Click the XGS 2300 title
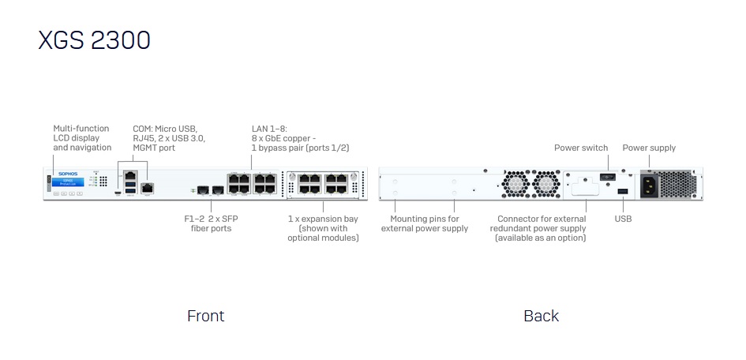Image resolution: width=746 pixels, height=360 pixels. click(94, 39)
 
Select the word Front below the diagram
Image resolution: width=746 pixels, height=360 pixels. click(205, 316)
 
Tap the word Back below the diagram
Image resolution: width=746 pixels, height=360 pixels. click(541, 316)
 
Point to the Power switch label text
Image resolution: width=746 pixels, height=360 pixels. click(581, 148)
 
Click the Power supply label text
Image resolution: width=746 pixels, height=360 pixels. click(649, 148)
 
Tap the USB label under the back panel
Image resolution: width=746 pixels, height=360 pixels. click(623, 219)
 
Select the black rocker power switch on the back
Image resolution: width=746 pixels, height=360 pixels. click(607, 176)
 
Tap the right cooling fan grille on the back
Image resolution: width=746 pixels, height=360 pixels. click(545, 183)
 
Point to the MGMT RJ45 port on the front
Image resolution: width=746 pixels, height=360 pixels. click(146, 188)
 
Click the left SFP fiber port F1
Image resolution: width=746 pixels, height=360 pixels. click(203, 190)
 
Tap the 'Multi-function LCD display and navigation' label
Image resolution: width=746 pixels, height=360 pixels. click(82, 137)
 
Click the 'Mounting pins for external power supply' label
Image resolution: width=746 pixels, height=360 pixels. click(424, 223)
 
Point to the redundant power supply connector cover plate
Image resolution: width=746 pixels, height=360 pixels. click(585, 186)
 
